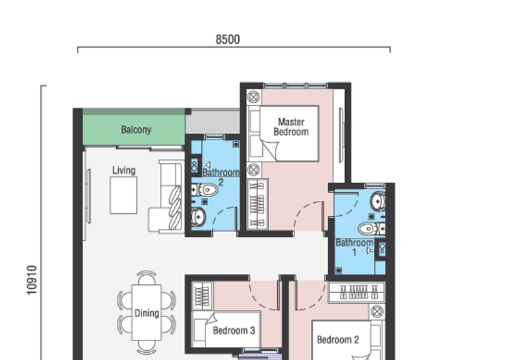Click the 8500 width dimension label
pyautogui.click(x=228, y=40)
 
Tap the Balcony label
pyautogui.click(x=136, y=130)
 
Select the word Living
pyautogui.click(x=123, y=170)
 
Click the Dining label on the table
pyautogui.click(x=147, y=313)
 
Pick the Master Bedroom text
pyautogui.click(x=291, y=127)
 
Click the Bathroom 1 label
pyautogui.click(x=354, y=247)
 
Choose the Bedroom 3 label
pyautogui.click(x=234, y=331)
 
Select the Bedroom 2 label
pyautogui.click(x=338, y=340)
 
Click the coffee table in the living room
pyautogui.click(x=123, y=195)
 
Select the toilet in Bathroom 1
pyautogui.click(x=370, y=228)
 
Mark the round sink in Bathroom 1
pyautogui.click(x=378, y=200)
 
